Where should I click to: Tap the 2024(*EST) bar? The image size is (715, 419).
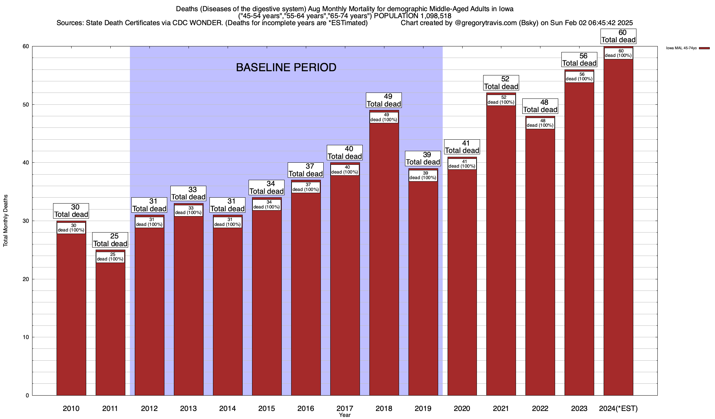click(x=618, y=227)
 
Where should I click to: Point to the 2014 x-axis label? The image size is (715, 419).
click(x=228, y=408)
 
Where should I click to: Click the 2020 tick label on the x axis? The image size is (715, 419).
click(x=462, y=408)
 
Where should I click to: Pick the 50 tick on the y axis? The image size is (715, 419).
click(x=26, y=105)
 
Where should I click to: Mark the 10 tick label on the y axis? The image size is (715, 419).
click(x=26, y=337)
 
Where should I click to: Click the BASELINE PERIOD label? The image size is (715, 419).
click(x=286, y=67)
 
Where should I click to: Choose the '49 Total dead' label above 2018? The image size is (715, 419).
click(x=384, y=100)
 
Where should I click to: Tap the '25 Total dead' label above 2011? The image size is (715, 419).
click(x=110, y=240)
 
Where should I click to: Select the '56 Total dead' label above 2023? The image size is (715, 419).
click(x=579, y=59)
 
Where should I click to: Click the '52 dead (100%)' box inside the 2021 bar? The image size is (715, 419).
click(x=501, y=100)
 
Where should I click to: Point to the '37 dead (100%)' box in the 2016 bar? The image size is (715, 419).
click(x=305, y=187)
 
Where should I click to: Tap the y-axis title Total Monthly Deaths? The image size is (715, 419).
click(x=6, y=220)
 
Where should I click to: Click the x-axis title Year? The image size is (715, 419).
click(x=345, y=415)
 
